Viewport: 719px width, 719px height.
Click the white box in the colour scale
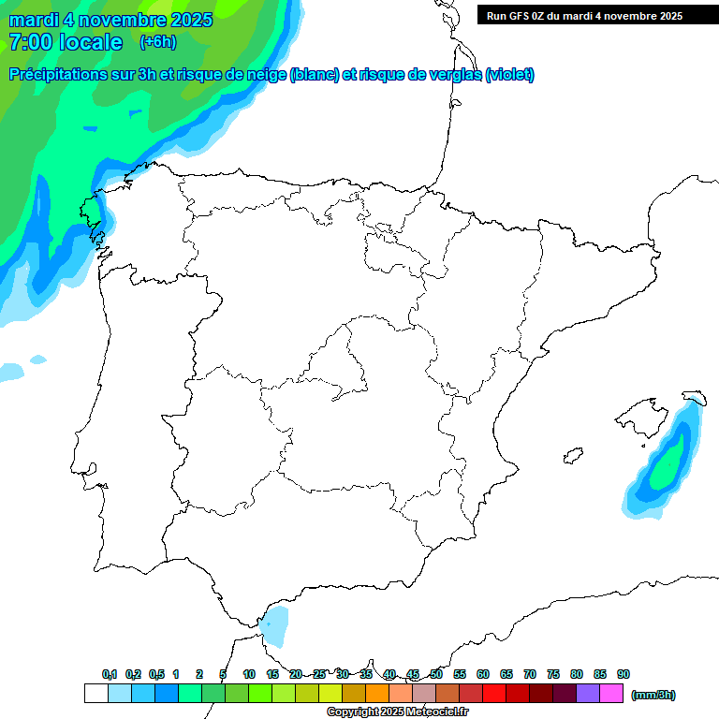click(x=95, y=694)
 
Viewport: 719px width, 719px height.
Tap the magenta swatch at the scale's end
click(x=611, y=694)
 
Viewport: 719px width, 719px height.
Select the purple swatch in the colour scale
click(x=588, y=694)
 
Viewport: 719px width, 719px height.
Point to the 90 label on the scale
click(x=624, y=674)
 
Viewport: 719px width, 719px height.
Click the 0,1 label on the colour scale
click(x=110, y=674)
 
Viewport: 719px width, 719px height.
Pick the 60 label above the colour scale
click(x=483, y=674)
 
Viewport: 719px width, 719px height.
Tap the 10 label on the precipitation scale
click(x=249, y=674)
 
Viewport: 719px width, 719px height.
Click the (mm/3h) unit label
click(x=653, y=695)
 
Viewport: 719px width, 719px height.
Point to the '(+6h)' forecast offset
click(x=157, y=41)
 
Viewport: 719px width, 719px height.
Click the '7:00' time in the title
click(x=31, y=42)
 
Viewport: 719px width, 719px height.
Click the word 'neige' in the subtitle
click(x=267, y=75)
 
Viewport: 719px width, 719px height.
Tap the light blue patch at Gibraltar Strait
click(x=275, y=625)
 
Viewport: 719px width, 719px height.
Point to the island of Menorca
click(x=694, y=398)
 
